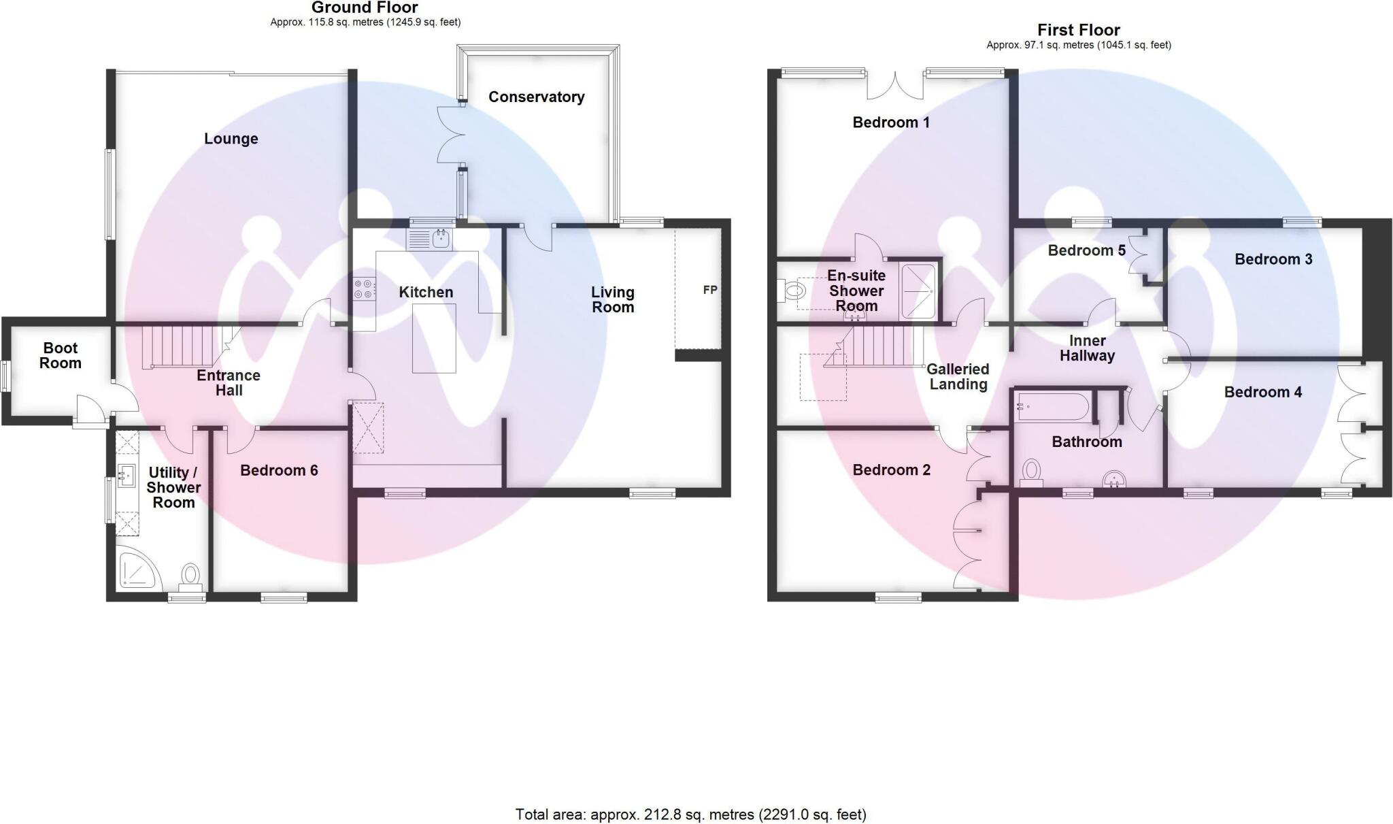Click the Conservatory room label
(x=536, y=97)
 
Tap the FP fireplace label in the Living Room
(x=710, y=290)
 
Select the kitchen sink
(x=430, y=240)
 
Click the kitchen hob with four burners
(x=364, y=289)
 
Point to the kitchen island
(x=434, y=338)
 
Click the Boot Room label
(x=60, y=355)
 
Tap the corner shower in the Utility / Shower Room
(x=139, y=569)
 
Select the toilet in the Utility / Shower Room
(x=190, y=576)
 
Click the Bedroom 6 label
(x=279, y=470)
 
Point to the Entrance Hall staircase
(x=185, y=347)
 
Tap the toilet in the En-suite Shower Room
(x=790, y=291)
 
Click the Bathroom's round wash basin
(x=1114, y=480)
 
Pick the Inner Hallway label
(x=1087, y=348)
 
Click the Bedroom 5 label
(x=1086, y=250)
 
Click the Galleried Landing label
(x=958, y=376)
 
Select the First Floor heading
(x=1078, y=30)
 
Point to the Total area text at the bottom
(x=691, y=814)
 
